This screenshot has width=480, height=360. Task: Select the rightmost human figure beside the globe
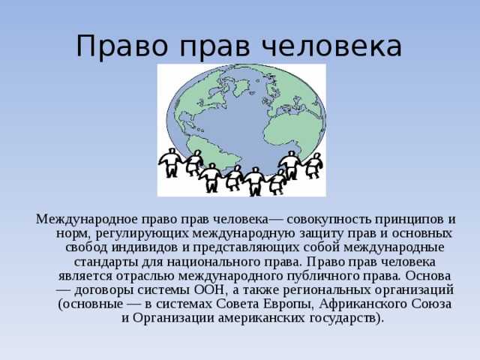313,164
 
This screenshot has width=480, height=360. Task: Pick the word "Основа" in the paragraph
429,277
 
